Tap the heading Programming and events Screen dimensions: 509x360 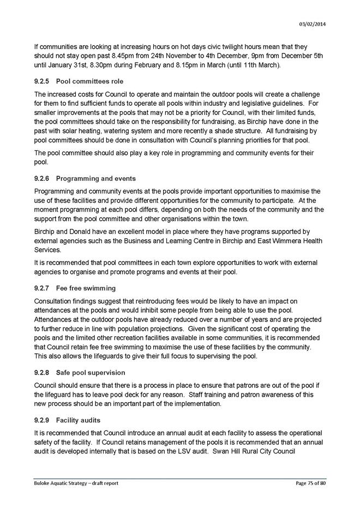[96, 178]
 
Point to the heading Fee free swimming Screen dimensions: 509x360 [86, 288]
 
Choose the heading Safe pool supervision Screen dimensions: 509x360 [91, 373]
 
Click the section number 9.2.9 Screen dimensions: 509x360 [42, 421]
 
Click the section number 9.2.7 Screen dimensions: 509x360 [42, 288]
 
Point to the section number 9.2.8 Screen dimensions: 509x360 [42, 373]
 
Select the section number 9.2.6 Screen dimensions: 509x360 [42, 178]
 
